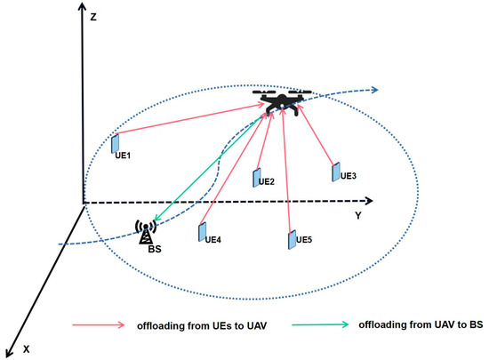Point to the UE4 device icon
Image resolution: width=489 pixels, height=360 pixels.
tap(203, 230)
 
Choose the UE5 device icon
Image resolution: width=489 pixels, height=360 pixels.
tap(291, 238)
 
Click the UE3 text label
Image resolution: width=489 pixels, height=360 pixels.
tap(349, 176)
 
